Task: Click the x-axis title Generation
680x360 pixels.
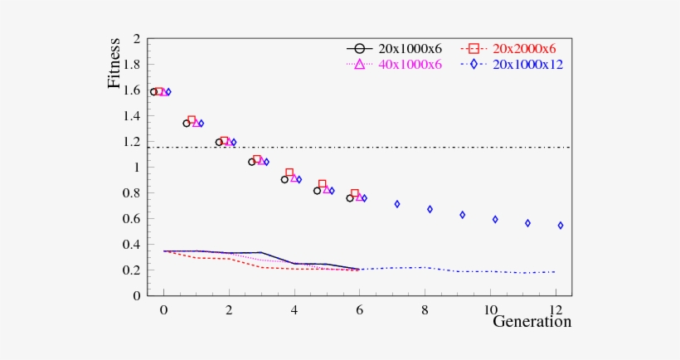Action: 532,322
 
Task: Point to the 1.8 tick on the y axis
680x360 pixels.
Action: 132,65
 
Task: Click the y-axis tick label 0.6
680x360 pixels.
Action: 132,219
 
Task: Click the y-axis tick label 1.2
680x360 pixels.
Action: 132,142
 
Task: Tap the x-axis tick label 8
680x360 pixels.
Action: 425,309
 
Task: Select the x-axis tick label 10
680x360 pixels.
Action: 489,309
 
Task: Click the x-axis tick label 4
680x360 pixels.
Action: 294,309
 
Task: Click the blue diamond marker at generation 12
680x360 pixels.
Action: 561,226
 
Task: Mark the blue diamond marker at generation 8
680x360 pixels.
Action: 430,209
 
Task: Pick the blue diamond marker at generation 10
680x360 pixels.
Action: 495,220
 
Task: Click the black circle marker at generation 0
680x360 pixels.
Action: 153,92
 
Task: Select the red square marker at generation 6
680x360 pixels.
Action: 355,194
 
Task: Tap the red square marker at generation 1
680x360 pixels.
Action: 192,120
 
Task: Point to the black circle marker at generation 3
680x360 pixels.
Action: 251,163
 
